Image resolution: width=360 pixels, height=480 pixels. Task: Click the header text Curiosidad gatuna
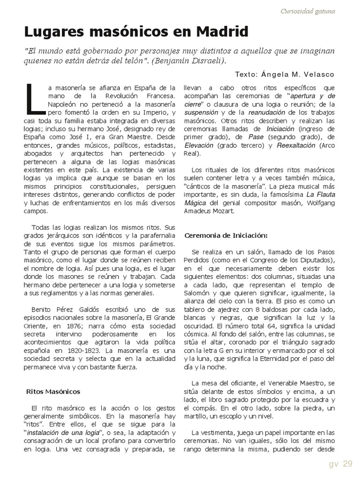click(307, 11)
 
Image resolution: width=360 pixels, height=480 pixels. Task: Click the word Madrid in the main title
click(222, 32)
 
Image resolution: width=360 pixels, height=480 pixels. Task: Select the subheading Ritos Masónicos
click(53, 391)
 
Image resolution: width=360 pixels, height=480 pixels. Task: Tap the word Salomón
click(196, 293)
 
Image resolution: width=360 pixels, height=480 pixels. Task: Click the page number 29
click(347, 464)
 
